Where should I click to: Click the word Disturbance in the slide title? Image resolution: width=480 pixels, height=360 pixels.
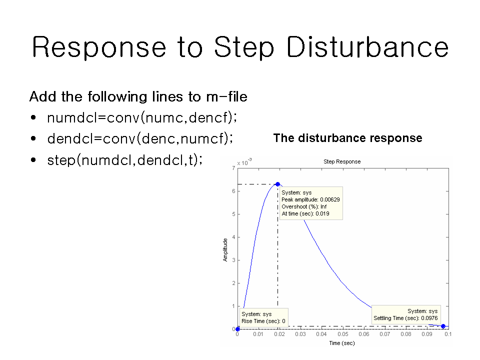[x=367, y=47]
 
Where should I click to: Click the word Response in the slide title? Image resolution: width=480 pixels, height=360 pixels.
[x=99, y=47]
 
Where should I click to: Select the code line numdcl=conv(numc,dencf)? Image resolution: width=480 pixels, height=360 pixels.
[x=142, y=117]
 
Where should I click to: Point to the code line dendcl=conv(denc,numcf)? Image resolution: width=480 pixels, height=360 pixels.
[x=140, y=138]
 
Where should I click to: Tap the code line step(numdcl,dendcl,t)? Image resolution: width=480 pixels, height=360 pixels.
[x=124, y=160]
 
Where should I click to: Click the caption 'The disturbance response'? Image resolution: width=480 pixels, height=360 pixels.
[x=348, y=138]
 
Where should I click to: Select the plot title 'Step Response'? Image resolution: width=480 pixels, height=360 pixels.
[x=342, y=161]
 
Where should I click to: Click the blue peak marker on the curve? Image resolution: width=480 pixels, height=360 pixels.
[x=277, y=184]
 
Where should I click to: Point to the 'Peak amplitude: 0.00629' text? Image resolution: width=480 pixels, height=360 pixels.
[x=310, y=199]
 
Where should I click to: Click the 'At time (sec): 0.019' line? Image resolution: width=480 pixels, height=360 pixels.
[x=305, y=213]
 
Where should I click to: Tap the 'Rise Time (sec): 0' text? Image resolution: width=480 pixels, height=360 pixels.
[x=263, y=321]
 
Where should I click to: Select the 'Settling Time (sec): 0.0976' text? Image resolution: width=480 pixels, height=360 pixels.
[x=405, y=318]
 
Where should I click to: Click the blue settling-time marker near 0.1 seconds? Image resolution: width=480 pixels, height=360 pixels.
[x=443, y=326]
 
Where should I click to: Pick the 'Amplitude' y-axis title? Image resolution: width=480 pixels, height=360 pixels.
[x=225, y=250]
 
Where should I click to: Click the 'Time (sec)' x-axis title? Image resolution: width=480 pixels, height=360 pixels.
[x=342, y=343]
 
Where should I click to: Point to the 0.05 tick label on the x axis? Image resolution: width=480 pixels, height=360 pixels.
[x=343, y=334]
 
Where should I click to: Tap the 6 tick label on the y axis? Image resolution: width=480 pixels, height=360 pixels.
[x=233, y=191]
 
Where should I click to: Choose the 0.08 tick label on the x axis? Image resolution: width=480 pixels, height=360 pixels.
[x=406, y=334]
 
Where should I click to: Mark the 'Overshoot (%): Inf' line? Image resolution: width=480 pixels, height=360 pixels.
[x=304, y=206]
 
